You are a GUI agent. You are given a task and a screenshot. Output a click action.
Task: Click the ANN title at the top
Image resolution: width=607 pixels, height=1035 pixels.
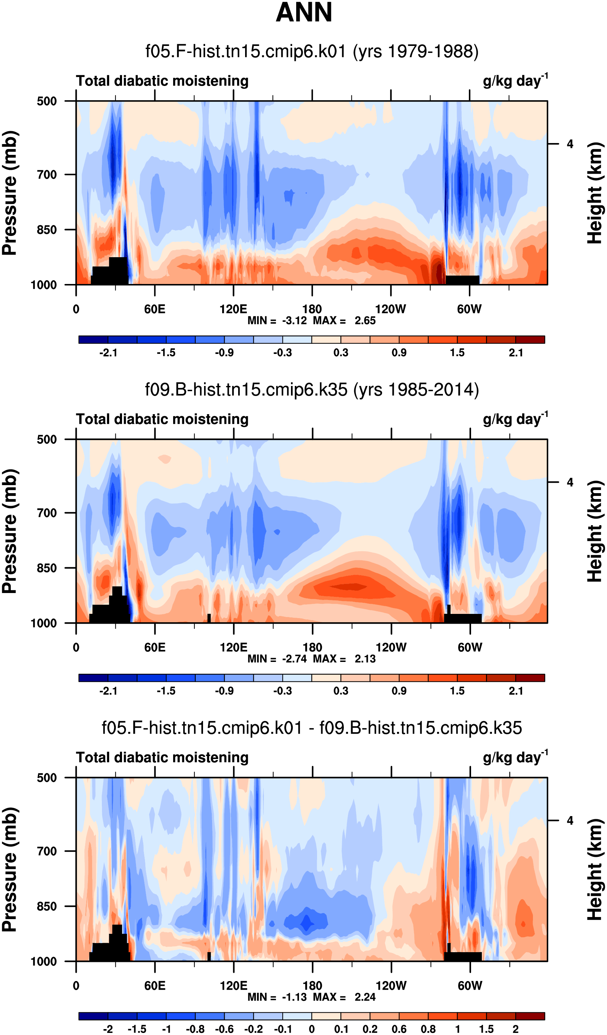click(304, 12)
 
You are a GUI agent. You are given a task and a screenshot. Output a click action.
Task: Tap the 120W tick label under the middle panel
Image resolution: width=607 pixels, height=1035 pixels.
click(391, 647)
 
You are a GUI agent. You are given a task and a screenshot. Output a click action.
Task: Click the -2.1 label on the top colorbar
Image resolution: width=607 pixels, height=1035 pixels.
click(108, 353)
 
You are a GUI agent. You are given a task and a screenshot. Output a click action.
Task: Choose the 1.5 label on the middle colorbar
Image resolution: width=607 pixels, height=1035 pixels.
click(457, 691)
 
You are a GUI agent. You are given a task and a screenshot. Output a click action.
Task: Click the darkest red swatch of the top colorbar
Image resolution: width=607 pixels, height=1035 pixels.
click(530, 340)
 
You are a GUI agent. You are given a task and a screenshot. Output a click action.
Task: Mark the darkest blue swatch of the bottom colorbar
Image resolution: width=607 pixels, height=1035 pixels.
click(94, 1017)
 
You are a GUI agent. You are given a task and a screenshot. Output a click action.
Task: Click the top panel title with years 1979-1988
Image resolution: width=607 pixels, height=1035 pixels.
click(312, 52)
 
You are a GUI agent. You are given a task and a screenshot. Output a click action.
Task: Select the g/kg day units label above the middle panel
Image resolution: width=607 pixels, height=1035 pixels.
click(515, 419)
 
